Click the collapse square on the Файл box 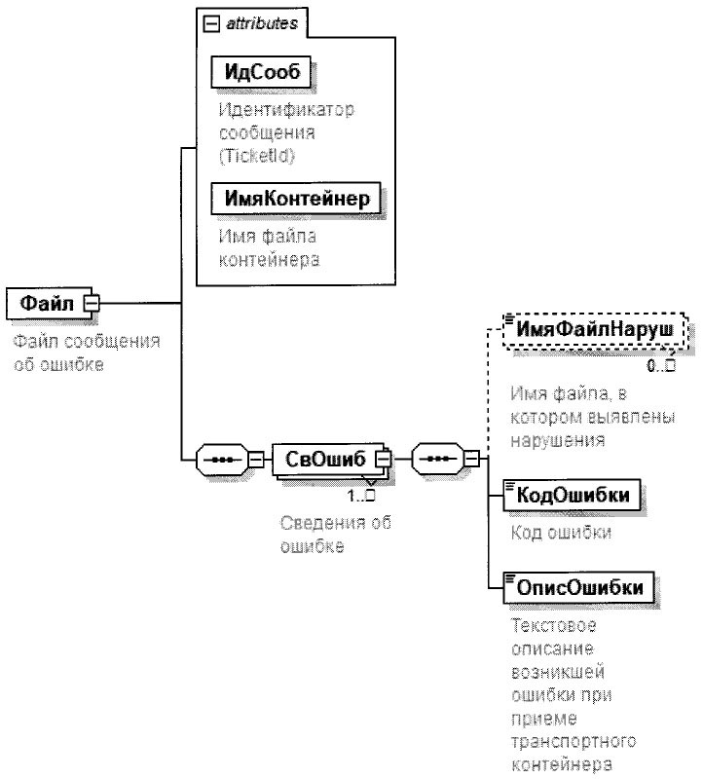coord(91,304)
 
